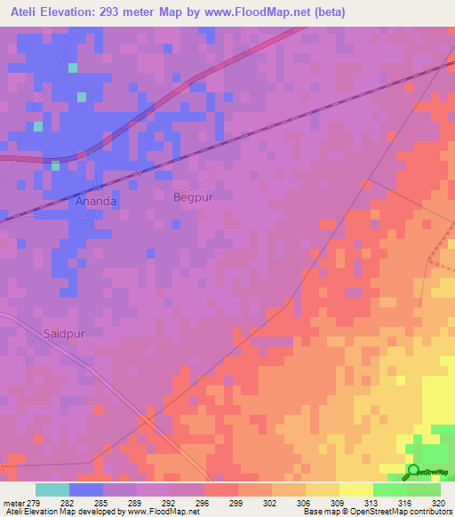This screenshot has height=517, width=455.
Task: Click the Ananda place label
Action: click(95, 201)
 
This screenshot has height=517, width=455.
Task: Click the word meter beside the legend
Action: click(13, 503)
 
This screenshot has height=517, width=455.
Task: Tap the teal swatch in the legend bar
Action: click(52, 489)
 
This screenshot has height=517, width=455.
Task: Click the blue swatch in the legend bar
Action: click(86, 489)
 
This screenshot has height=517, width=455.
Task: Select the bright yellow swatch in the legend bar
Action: click(355, 489)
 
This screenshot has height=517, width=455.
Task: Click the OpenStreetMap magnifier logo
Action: click(413, 472)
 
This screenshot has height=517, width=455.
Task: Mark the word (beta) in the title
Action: click(326, 12)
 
